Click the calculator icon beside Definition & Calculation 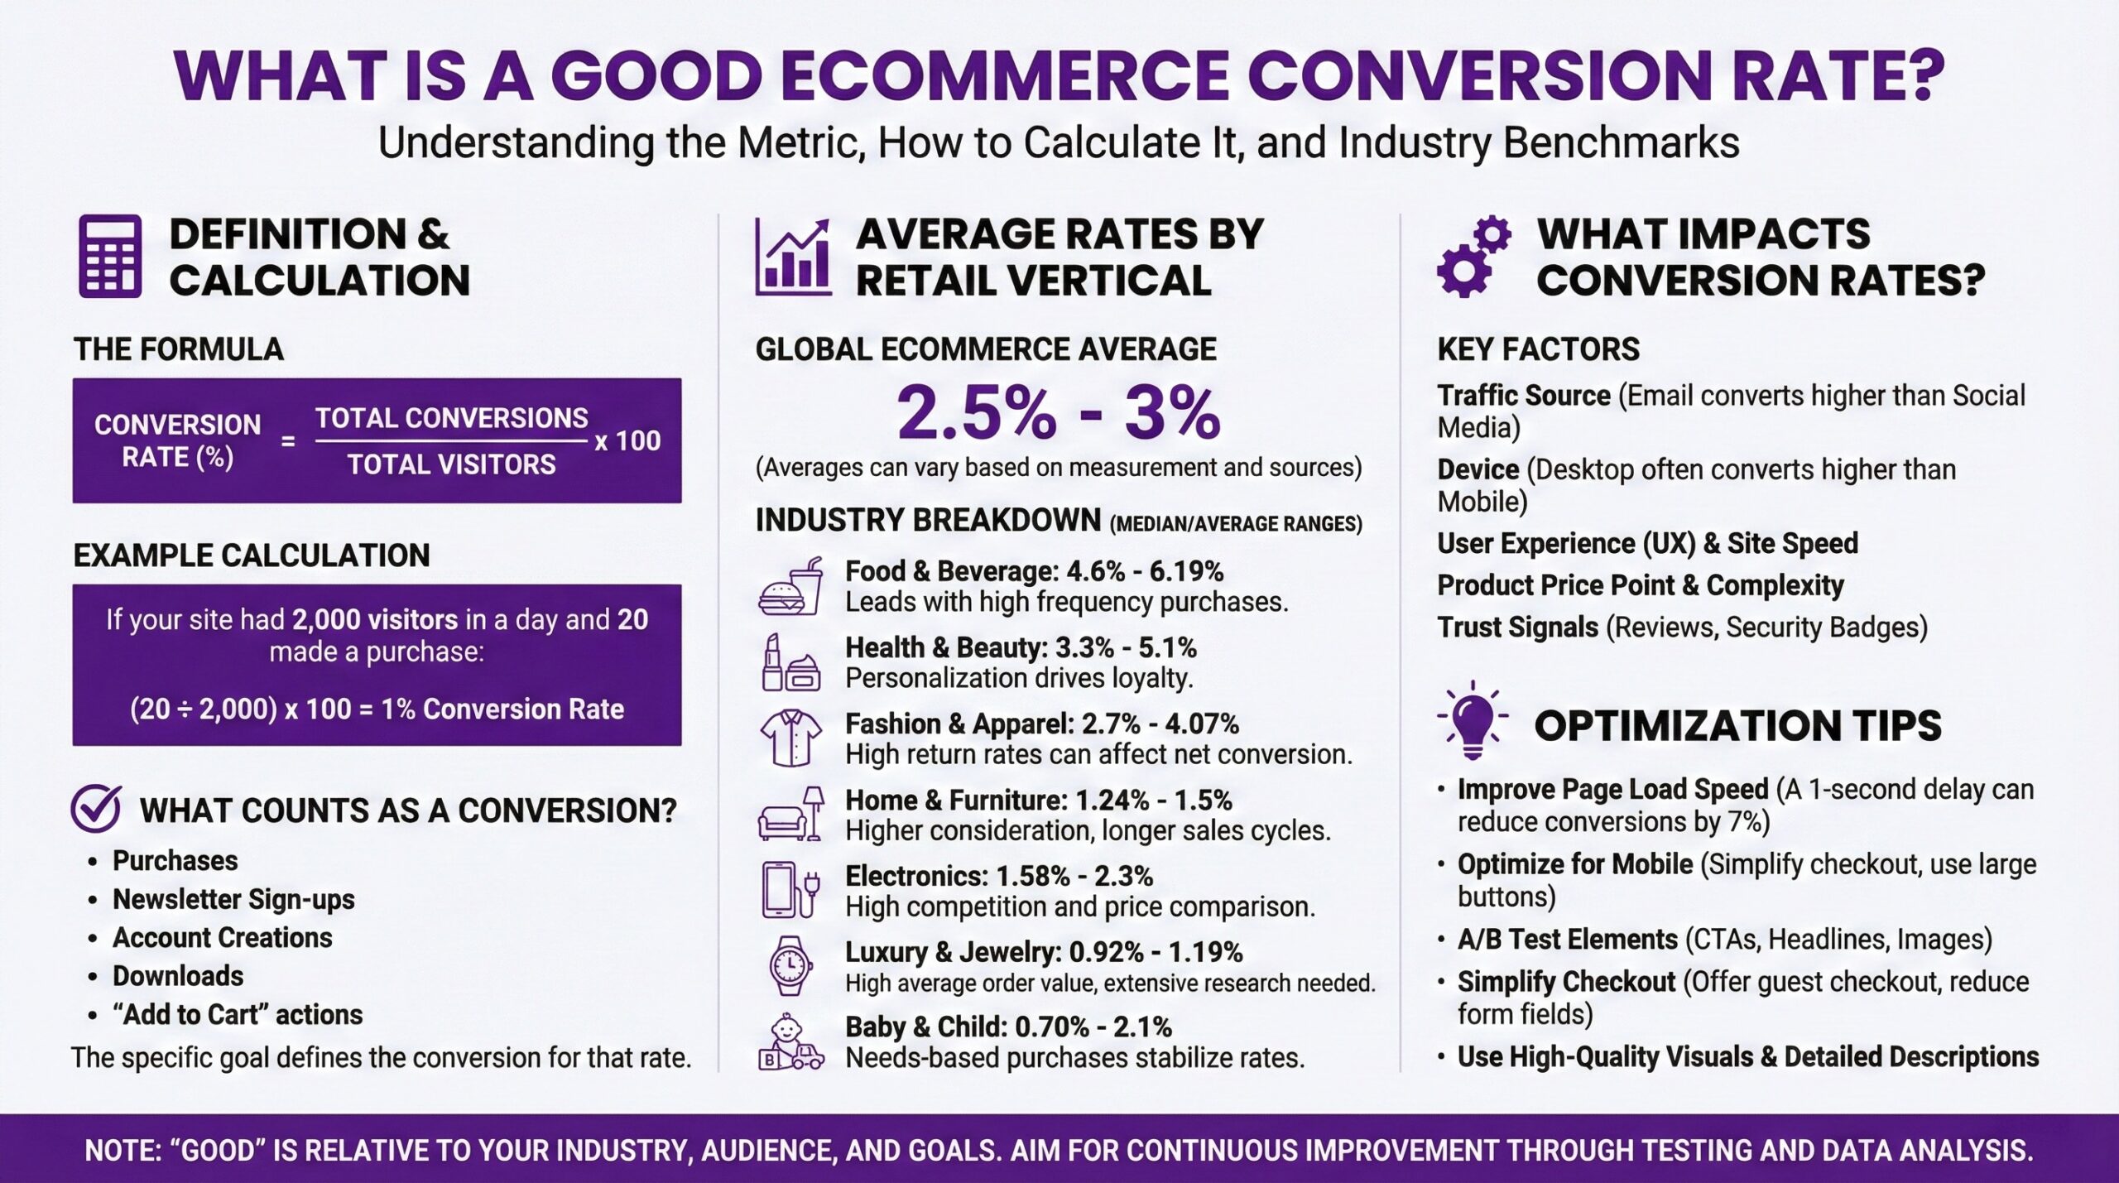coord(110,256)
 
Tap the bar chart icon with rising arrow coord(792,257)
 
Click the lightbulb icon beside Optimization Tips coord(1473,721)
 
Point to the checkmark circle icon coord(96,809)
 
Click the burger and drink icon coord(790,587)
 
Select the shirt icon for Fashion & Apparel coord(790,738)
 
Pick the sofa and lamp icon coord(790,815)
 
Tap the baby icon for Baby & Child coord(790,1043)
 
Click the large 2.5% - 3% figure coord(1058,412)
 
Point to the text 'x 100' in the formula coord(627,440)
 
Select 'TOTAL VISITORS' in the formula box coord(451,464)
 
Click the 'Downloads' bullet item coord(178,976)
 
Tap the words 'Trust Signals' coord(1517,628)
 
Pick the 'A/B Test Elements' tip coord(1567,940)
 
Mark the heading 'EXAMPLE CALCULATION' coord(252,555)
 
